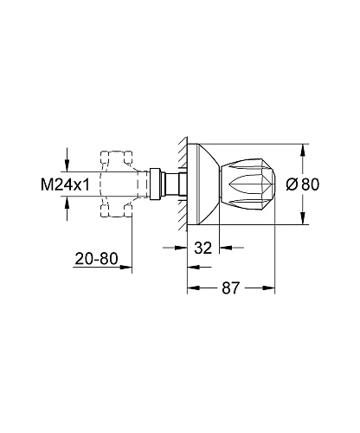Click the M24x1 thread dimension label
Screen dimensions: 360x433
click(x=65, y=184)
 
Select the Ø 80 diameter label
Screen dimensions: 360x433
click(x=303, y=184)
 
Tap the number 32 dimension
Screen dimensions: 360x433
click(x=202, y=248)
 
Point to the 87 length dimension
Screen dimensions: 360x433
click(x=231, y=288)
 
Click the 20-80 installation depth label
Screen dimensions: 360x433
click(x=96, y=259)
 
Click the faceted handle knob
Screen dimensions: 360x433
click(x=247, y=184)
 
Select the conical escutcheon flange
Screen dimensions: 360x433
click(x=203, y=184)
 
